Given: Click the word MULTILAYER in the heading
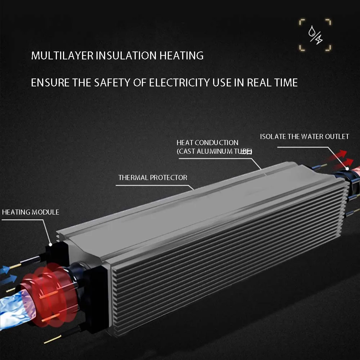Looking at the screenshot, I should click(62, 56).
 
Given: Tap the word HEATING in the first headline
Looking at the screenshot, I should click(181, 56).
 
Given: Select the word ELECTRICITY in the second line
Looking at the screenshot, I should click(179, 83).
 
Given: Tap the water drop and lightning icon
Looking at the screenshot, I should click(315, 35).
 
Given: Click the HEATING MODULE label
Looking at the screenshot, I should click(31, 212).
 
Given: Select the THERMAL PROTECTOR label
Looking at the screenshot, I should click(153, 177).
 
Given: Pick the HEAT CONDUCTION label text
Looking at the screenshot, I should click(207, 143).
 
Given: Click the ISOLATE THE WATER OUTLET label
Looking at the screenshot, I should click(305, 136).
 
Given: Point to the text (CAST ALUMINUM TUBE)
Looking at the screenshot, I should click(214, 151).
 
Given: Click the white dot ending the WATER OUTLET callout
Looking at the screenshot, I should click(347, 168).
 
